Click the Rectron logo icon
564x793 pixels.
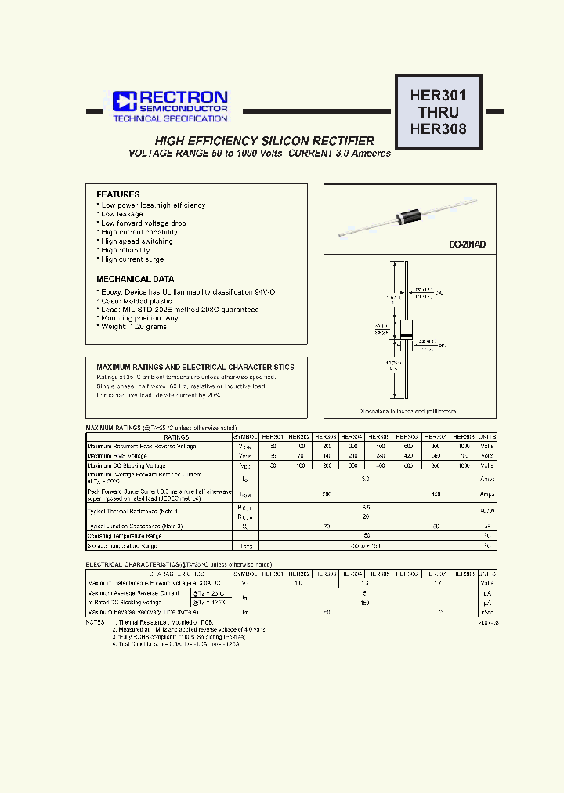125,100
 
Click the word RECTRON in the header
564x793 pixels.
183,96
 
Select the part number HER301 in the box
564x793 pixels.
438,96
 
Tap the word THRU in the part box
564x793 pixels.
438,112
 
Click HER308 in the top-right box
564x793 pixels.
438,129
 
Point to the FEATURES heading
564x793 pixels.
117,194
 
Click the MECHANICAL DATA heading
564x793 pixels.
135,279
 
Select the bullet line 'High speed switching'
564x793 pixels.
136,241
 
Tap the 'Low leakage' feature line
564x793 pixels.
121,214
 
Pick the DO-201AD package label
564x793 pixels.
467,245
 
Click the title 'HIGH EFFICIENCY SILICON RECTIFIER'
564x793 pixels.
264,140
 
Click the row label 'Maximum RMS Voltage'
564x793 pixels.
117,455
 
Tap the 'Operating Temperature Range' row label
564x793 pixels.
125,536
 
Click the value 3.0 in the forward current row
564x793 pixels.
365,477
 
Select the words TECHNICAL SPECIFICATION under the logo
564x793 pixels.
170,119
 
